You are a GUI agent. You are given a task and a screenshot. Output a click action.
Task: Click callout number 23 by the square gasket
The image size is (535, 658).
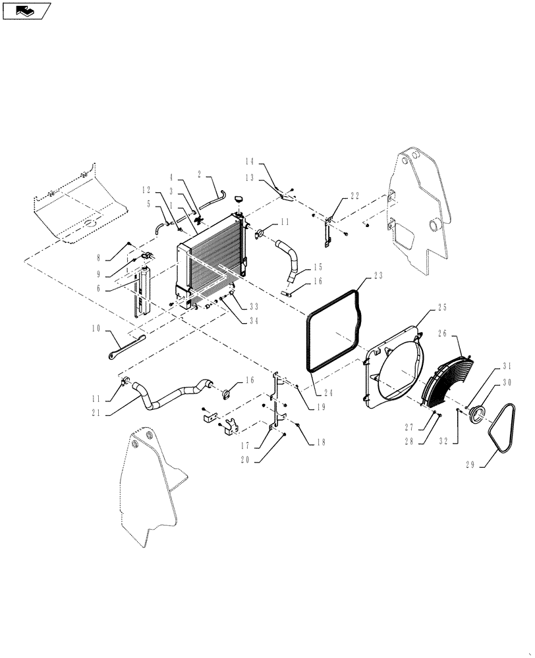coord(378,276)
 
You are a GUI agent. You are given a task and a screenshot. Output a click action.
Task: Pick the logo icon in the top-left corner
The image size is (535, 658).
coord(26,10)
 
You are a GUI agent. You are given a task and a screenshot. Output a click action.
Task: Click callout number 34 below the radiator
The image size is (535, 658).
coord(253,321)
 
